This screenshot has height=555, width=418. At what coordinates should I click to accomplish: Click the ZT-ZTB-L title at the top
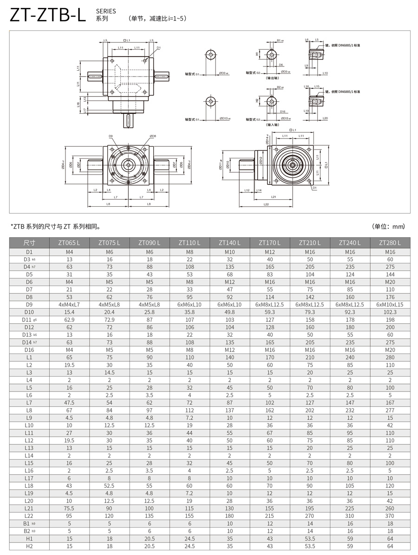[48, 15]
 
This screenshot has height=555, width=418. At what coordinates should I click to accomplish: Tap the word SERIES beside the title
[106, 11]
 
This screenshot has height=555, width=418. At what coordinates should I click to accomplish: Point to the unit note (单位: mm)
[388, 227]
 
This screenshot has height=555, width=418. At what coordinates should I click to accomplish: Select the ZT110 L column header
[190, 242]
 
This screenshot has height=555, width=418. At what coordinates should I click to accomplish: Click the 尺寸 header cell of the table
[29, 242]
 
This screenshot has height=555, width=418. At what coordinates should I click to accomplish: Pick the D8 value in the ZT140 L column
[229, 297]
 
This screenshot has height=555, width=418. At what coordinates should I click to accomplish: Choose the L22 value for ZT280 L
[390, 516]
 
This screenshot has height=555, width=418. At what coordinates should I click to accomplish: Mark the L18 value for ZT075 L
[109, 486]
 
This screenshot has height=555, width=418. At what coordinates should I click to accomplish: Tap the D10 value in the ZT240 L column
[350, 312]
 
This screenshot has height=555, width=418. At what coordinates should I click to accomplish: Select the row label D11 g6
[29, 320]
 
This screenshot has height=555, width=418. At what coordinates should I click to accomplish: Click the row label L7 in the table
[29, 403]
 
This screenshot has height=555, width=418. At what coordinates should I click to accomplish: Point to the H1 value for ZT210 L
[310, 539]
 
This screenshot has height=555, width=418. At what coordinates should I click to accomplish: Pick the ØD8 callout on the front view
[153, 136]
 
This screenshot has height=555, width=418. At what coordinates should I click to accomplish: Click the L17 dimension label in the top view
[78, 110]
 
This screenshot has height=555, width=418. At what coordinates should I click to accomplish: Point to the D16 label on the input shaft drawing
[283, 111]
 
